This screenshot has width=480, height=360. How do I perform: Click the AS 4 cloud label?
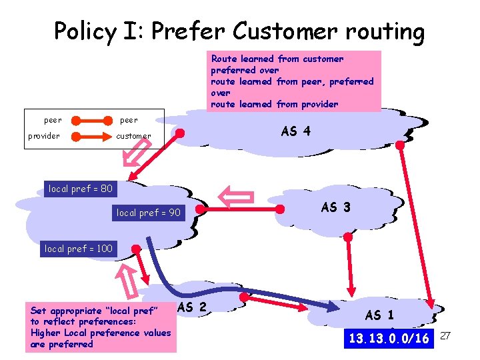[295, 131]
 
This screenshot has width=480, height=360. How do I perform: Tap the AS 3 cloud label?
[335, 207]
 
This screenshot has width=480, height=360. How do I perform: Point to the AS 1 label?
[379, 315]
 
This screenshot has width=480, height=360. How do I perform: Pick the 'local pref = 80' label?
[80, 189]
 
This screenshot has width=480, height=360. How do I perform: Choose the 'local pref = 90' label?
[148, 213]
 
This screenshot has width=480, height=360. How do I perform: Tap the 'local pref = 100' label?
[78, 249]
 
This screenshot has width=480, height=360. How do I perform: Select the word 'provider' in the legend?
[43, 136]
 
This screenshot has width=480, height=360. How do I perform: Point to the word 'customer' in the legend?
[133, 136]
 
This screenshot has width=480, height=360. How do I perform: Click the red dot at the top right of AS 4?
[400, 144]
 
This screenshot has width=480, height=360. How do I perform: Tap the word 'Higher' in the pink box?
[45, 333]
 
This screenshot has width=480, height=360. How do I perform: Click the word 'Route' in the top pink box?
[224, 59]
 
